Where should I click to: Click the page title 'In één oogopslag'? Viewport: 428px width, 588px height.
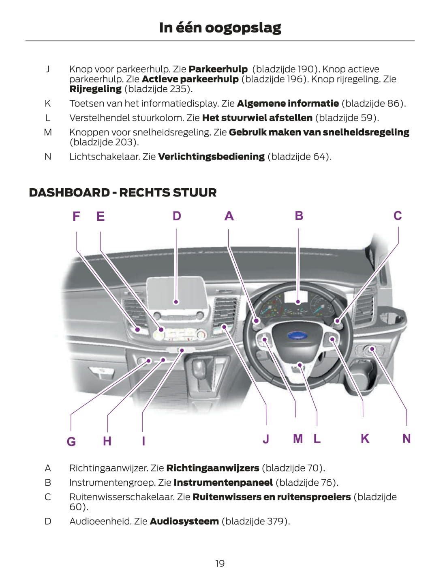(220, 28)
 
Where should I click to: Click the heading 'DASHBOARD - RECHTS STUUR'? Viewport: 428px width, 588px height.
(122, 192)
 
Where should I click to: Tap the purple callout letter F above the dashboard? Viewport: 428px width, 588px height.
(76, 216)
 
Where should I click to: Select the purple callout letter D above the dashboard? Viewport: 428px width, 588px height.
(176, 216)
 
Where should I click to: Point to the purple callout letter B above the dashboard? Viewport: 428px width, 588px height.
(299, 216)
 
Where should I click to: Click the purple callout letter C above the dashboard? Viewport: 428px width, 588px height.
(398, 216)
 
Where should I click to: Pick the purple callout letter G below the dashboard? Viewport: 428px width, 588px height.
(71, 441)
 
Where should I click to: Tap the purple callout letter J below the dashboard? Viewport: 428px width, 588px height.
(266, 439)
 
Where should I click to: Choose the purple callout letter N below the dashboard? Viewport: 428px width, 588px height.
(407, 439)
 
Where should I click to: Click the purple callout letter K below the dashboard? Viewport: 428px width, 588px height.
(365, 439)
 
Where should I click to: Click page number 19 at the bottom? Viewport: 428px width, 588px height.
(220, 563)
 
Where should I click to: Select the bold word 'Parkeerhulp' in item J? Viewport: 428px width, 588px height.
(218, 69)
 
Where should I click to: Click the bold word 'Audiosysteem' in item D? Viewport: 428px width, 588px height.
(184, 521)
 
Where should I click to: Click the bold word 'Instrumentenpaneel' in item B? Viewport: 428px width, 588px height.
(223, 482)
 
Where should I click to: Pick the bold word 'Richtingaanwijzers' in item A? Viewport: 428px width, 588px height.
(213, 468)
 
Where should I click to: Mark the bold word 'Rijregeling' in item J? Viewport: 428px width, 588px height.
(95, 89)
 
